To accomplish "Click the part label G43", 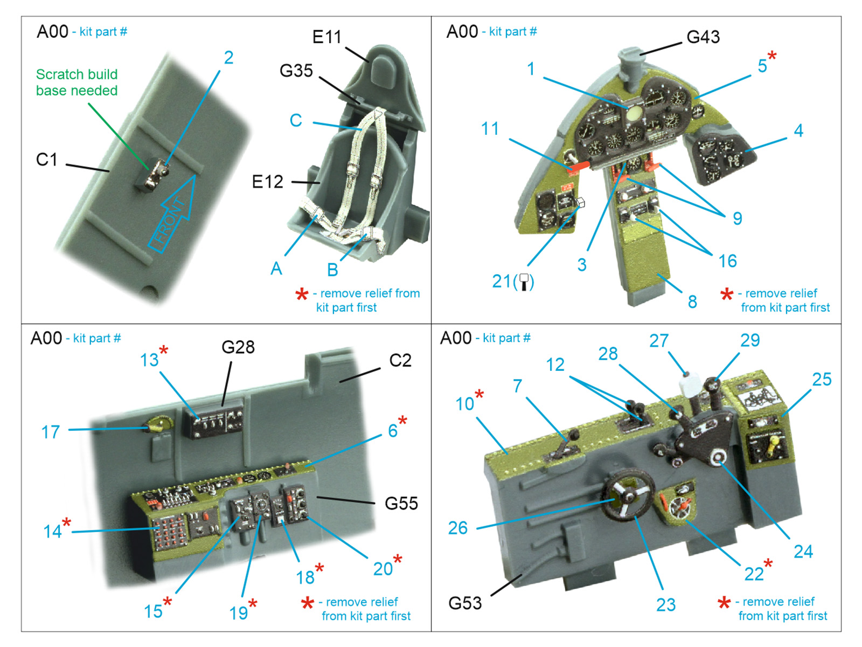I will [x=703, y=37].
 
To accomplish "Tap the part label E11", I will [x=326, y=37].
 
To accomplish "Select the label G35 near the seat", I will [x=296, y=71].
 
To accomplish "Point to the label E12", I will [x=267, y=182].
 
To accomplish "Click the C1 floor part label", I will [x=46, y=160].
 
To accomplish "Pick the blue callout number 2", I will [x=228, y=58].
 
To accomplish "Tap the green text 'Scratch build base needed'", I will [x=77, y=82].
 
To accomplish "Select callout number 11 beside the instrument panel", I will [x=490, y=129].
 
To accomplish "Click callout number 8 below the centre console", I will [x=692, y=302].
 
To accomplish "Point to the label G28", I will [x=238, y=347].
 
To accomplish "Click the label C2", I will [x=400, y=360].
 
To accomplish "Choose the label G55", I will [x=401, y=504].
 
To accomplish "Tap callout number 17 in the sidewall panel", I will [x=51, y=432].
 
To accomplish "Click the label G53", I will [x=465, y=603].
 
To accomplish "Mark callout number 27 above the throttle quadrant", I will [x=658, y=341].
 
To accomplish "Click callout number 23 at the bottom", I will [x=665, y=605].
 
